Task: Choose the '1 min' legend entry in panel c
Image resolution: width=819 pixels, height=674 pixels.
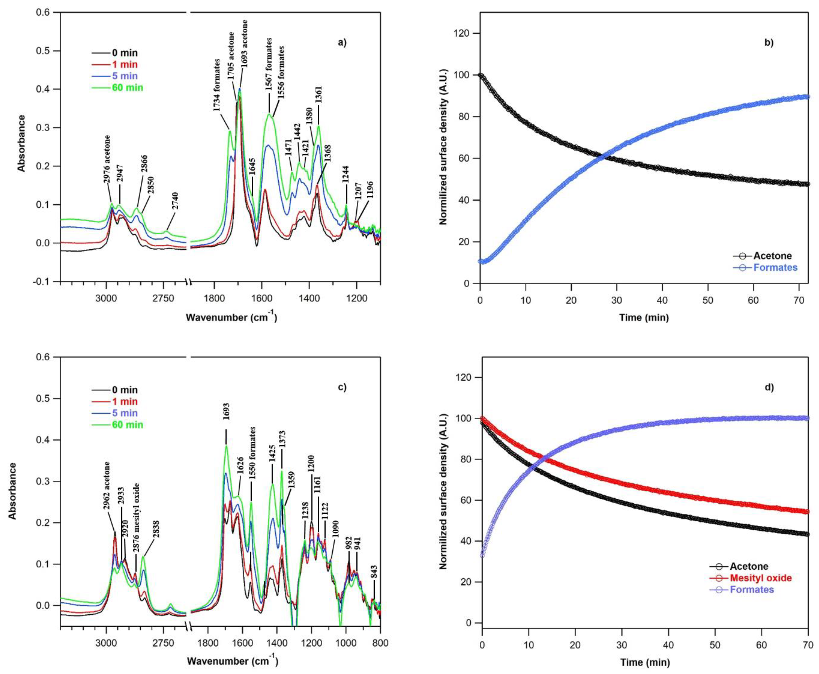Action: click(124, 401)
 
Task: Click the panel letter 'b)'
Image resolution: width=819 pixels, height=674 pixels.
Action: click(769, 43)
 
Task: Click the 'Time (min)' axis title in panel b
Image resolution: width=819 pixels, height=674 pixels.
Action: click(644, 318)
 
